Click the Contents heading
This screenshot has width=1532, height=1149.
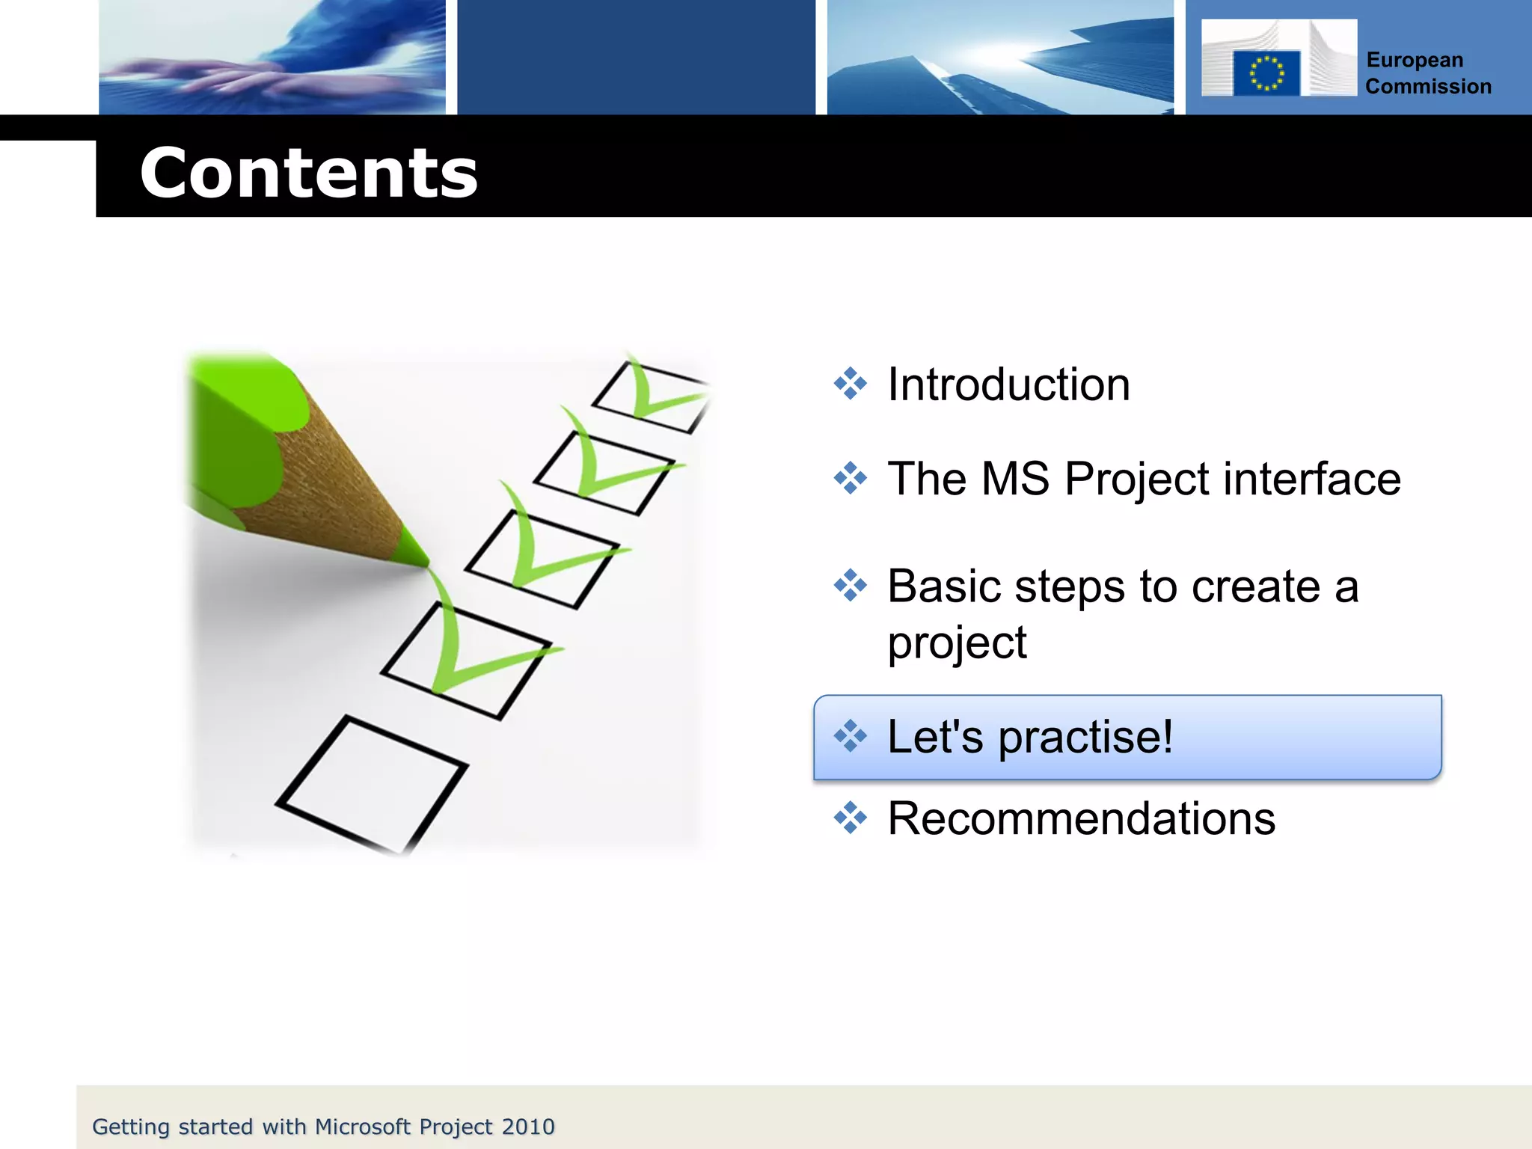308,174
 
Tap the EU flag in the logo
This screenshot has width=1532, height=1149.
1266,73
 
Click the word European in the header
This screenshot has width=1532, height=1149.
1414,60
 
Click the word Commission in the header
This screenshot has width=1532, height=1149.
1427,87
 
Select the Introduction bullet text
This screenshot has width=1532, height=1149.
1008,385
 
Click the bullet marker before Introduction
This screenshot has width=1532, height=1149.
851,384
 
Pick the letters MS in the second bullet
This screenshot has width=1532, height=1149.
1015,479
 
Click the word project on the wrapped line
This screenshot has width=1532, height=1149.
957,643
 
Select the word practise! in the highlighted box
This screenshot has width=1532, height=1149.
1085,737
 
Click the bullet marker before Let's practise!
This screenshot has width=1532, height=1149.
851,736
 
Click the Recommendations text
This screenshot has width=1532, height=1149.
1081,818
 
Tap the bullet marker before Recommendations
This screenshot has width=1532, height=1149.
851,818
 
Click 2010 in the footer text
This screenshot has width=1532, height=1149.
528,1127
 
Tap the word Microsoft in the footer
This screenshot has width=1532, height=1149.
363,1127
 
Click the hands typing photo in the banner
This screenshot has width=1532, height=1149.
272,58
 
